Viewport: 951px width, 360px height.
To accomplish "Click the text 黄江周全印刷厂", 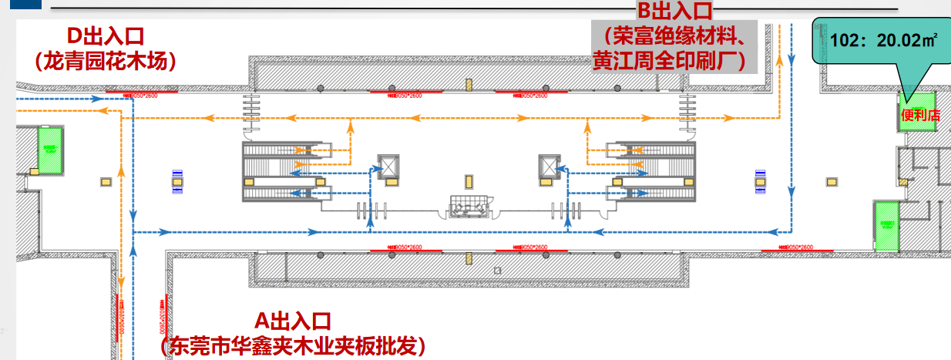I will tap(667, 60).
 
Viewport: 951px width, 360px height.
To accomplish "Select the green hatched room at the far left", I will tap(50, 150).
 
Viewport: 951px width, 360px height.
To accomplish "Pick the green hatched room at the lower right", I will tap(886, 225).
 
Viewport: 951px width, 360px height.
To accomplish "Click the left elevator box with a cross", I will tap(388, 167).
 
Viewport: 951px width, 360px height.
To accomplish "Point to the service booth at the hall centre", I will tap(469, 207).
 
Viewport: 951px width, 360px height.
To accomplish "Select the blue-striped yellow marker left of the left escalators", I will tap(177, 180).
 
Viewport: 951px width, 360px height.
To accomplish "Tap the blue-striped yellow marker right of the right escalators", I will tap(760, 180).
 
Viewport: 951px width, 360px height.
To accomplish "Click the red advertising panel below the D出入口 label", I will tap(141, 93).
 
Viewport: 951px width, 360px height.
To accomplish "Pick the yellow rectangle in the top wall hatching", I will tap(466, 83).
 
